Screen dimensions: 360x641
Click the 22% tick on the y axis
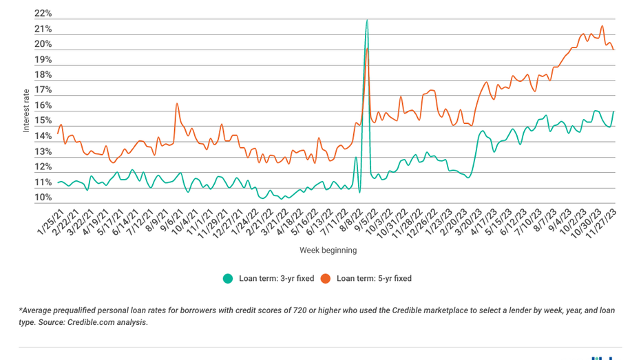43,14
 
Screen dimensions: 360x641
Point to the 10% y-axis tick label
43,198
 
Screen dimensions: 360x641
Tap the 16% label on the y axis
43,106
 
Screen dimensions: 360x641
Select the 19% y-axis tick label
43,60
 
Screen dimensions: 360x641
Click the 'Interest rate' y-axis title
27,110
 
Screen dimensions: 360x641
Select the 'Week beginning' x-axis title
328,251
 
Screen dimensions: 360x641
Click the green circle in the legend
227,279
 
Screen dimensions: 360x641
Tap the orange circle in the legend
325,279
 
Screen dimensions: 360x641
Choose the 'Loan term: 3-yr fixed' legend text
276,279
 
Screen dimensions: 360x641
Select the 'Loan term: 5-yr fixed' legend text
374,279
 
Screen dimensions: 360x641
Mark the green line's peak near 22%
367,20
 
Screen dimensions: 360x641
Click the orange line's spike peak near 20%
368,48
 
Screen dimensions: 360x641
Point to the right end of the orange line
613,50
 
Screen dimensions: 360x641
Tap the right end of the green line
613,112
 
